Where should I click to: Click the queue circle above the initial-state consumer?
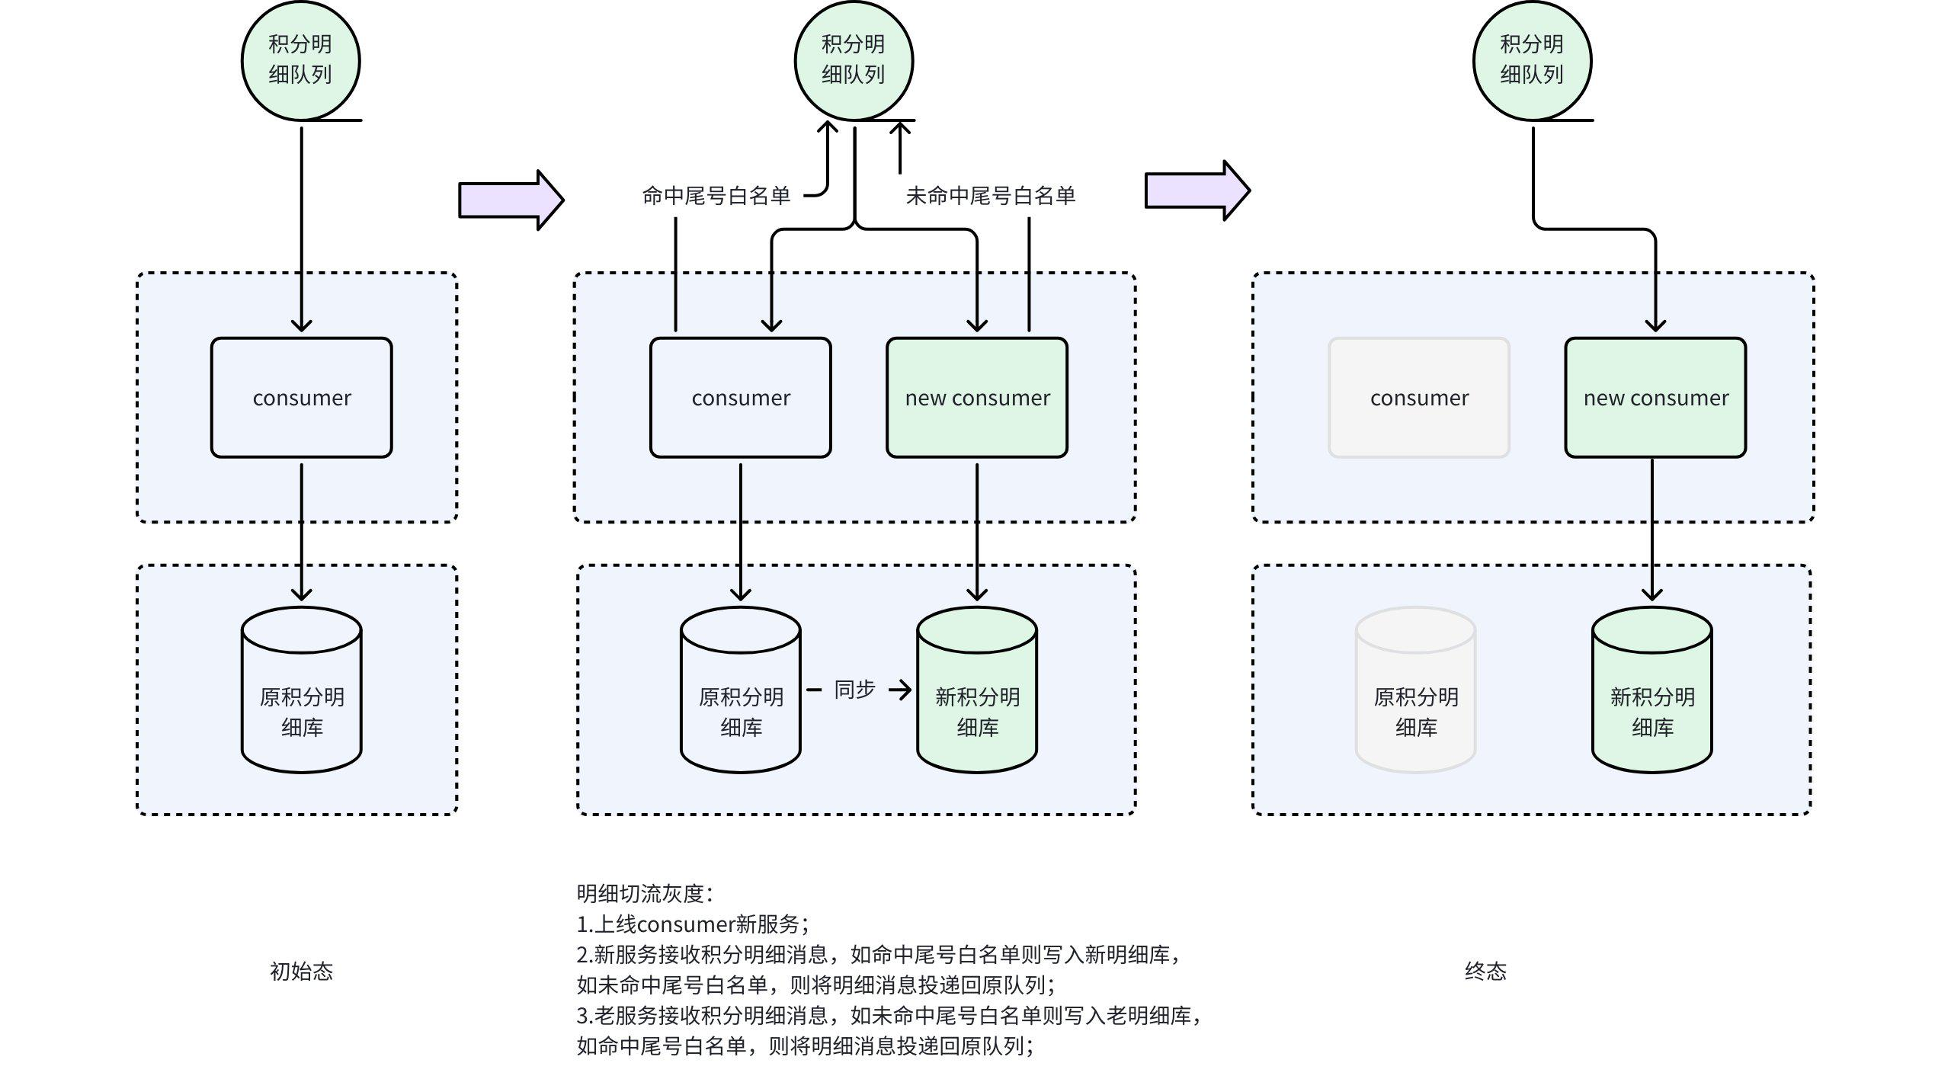(300, 61)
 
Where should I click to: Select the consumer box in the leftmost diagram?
(302, 397)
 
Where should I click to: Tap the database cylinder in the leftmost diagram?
(302, 690)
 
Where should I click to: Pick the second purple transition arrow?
(1197, 191)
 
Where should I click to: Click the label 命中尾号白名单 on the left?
(716, 196)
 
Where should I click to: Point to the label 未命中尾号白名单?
(990, 196)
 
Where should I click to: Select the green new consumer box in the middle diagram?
(977, 397)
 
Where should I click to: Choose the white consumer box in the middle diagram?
(741, 397)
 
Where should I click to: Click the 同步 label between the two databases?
(854, 690)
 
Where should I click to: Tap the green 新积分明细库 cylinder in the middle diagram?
(977, 690)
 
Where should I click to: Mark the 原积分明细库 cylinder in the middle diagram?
(741, 690)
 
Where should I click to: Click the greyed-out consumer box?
(1419, 397)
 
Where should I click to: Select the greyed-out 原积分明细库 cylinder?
(1416, 690)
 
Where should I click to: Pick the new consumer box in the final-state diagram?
(1655, 397)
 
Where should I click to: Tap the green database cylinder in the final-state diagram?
(1652, 690)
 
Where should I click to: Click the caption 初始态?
(302, 971)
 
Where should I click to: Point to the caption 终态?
(1485, 971)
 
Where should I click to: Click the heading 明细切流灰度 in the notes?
(645, 893)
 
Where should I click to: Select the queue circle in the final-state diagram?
(1532, 61)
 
